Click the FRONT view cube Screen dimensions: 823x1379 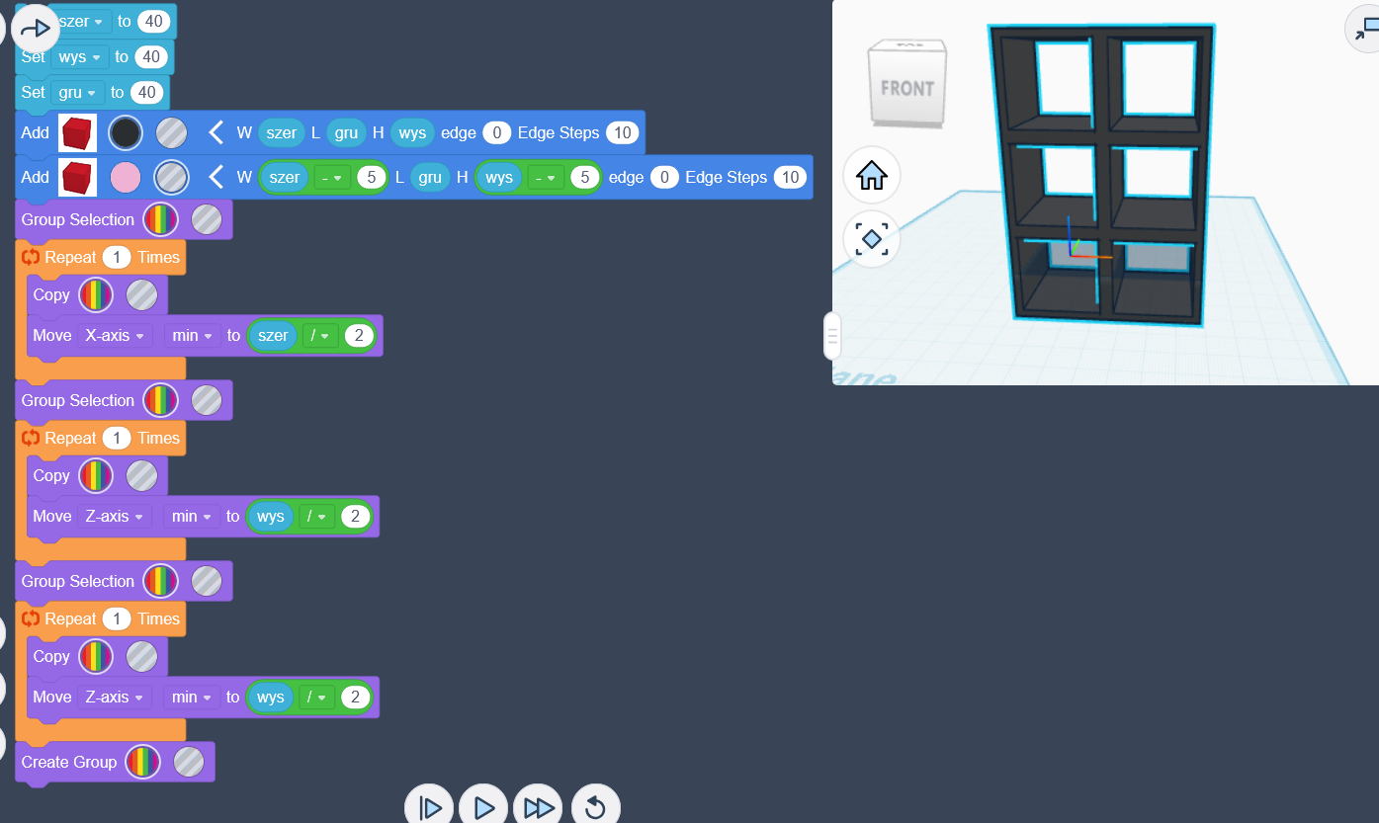point(906,88)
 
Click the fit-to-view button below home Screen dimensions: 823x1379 point(871,238)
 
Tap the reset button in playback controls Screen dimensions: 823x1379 point(595,807)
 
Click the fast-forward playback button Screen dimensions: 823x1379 point(539,807)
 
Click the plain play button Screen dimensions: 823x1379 point(483,807)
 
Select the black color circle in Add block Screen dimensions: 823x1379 point(126,132)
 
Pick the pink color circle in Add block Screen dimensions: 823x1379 point(126,178)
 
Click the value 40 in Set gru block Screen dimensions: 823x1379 point(146,92)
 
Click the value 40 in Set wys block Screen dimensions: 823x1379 point(150,57)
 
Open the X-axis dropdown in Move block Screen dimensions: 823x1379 point(115,336)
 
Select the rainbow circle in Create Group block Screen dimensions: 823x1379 point(143,762)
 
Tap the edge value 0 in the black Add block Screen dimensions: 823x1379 point(496,132)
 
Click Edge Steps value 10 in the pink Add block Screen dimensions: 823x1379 point(789,178)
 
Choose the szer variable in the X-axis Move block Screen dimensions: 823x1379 point(273,336)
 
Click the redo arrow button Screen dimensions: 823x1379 point(35,29)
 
